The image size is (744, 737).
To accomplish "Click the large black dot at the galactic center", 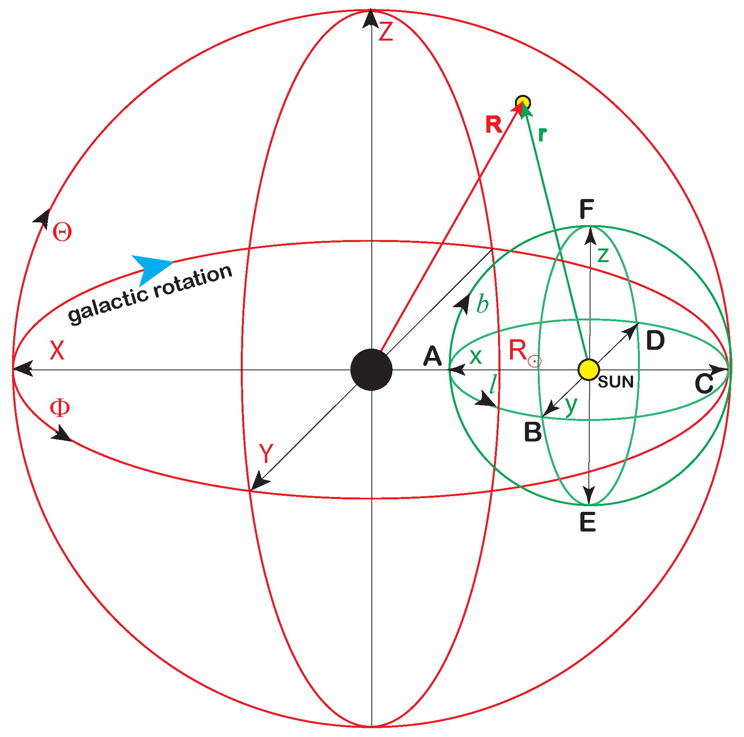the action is pyautogui.click(x=371, y=370).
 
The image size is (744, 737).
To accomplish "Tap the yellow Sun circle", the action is pyautogui.click(x=588, y=370).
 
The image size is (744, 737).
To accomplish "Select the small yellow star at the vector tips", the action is pyautogui.click(x=523, y=103).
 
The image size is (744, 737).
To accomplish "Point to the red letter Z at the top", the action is pyautogui.click(x=385, y=32).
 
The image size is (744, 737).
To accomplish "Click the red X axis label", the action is pyautogui.click(x=57, y=350).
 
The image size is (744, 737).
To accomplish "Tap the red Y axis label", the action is pyautogui.click(x=266, y=453).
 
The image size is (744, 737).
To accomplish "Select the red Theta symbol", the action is pyautogui.click(x=62, y=232).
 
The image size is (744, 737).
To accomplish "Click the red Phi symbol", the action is pyautogui.click(x=59, y=408).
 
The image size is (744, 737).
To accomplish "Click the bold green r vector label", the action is pyautogui.click(x=542, y=135).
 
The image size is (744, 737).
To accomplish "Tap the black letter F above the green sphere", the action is pyautogui.click(x=586, y=209).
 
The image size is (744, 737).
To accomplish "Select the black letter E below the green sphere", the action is pyautogui.click(x=588, y=522).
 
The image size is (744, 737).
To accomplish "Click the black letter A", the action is pyautogui.click(x=432, y=356).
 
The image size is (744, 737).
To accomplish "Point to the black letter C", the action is pyautogui.click(x=704, y=384).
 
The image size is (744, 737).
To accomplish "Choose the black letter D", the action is pyautogui.click(x=655, y=341).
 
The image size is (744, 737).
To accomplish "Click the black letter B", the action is pyautogui.click(x=533, y=432).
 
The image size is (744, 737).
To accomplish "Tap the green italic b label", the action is pyautogui.click(x=482, y=304).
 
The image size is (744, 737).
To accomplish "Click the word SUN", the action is pyautogui.click(x=616, y=382).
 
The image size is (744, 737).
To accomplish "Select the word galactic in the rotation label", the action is pyautogui.click(x=109, y=304).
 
